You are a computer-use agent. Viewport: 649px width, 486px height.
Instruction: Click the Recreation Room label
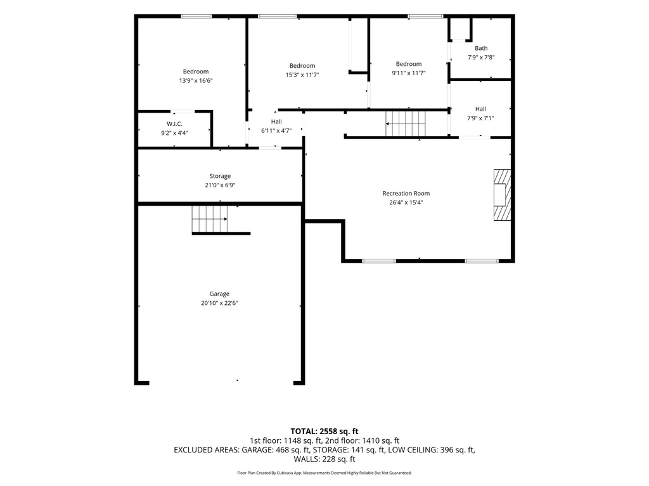coord(406,194)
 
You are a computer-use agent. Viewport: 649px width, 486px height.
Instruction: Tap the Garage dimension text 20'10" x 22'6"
coord(219,303)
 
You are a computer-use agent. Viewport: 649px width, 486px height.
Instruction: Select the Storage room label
coord(220,176)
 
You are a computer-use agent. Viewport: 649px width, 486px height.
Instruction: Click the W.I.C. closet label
coord(174,124)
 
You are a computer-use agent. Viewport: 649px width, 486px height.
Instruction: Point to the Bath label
coord(481,48)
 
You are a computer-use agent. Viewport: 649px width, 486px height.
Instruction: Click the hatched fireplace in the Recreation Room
coord(502,195)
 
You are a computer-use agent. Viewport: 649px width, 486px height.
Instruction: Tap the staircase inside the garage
coord(209,219)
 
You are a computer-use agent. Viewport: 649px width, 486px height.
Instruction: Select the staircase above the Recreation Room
coord(406,123)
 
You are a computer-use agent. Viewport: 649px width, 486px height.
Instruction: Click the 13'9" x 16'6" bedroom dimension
coord(196,81)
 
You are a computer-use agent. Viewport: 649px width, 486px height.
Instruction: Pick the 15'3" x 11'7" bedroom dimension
coord(302,75)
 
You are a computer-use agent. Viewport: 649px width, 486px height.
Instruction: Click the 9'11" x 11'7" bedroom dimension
coord(409,73)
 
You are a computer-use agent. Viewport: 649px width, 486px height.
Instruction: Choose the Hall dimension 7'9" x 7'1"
coord(480,118)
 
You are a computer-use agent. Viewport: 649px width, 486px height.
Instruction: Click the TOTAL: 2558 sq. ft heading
coord(324,432)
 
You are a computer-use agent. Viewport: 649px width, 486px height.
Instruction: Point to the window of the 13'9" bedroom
coord(196,16)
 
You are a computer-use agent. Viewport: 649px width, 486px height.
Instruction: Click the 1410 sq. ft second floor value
coord(381,440)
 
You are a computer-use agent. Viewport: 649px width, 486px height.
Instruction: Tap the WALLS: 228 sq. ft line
coord(324,459)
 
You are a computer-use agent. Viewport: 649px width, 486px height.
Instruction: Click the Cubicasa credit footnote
coord(324,473)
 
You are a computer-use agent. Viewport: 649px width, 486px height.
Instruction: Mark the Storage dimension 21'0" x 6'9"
coord(220,185)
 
